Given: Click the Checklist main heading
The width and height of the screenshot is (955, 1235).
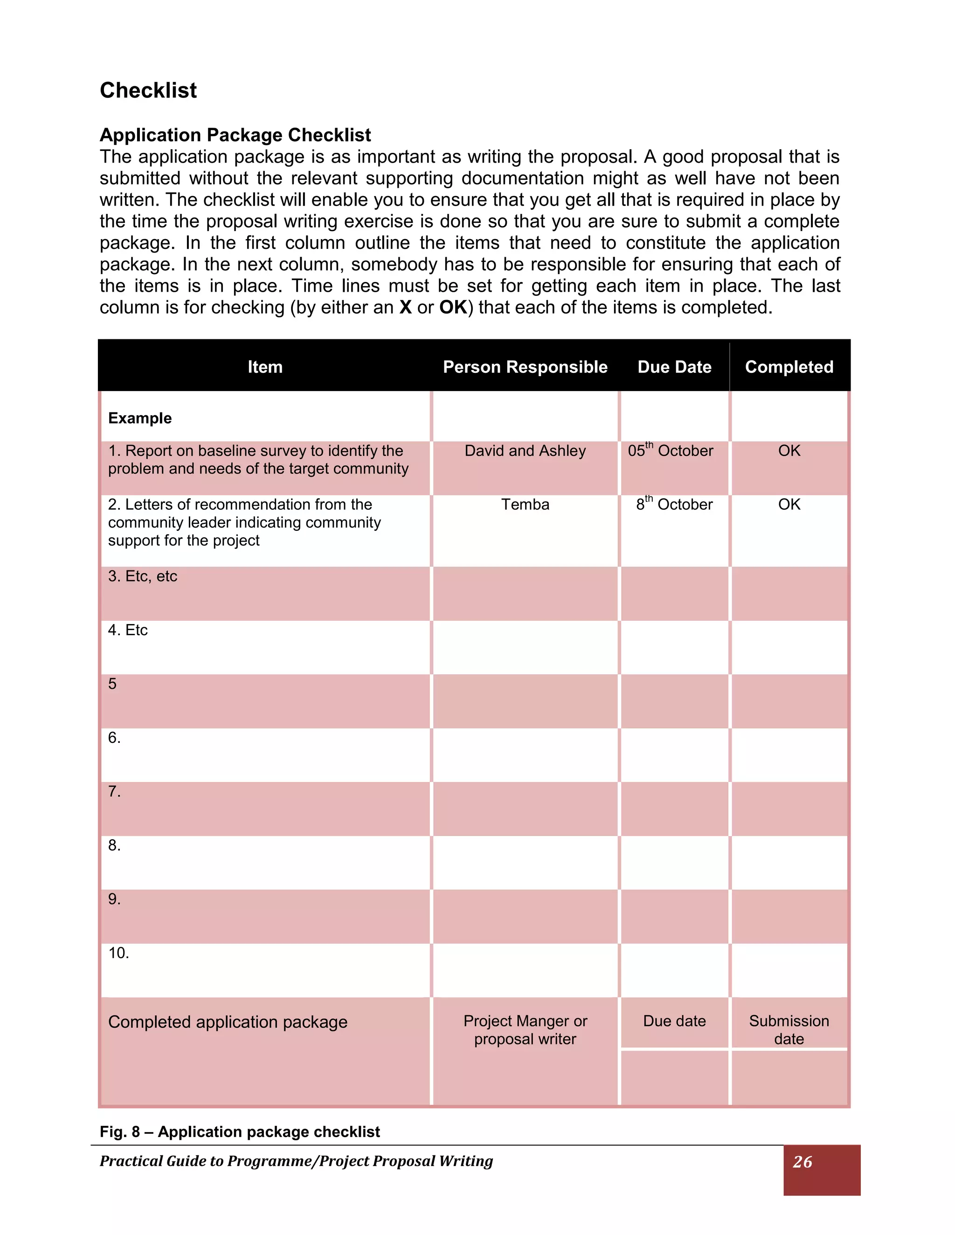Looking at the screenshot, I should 148,90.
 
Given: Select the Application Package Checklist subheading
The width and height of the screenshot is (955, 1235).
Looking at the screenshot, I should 235,135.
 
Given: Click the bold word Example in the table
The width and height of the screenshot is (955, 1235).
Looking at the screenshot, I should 140,418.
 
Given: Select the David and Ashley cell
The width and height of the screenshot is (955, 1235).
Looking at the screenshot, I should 525,451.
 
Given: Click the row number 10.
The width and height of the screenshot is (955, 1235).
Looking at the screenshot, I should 118,953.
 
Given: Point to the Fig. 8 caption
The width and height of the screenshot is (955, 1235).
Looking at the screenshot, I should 239,1132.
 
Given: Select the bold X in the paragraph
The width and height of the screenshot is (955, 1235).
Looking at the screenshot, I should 405,308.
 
